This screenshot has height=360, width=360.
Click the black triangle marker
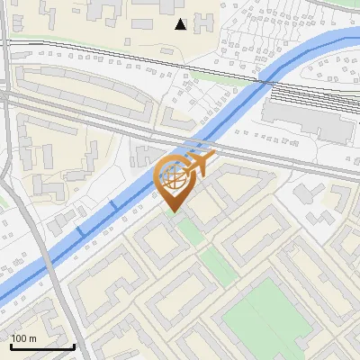(181, 24)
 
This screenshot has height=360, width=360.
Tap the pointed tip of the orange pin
(173, 212)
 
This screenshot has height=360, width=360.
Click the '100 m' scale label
(24, 338)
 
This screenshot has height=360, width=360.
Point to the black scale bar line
(41, 346)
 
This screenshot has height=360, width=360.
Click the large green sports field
(261, 315)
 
